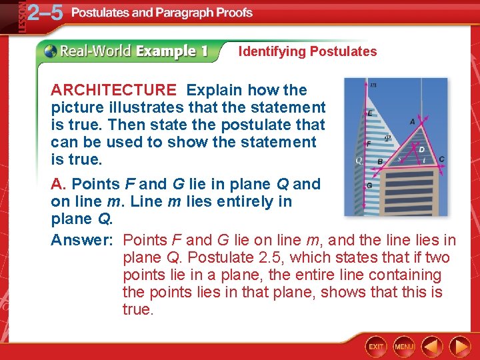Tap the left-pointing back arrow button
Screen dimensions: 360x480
tap(432, 345)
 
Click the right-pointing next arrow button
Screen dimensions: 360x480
tap(460, 345)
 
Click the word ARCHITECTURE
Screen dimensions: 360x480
tap(113, 90)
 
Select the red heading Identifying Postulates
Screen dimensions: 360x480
tap(307, 51)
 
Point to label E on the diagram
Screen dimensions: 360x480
tap(370, 114)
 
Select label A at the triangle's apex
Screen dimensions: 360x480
tap(413, 122)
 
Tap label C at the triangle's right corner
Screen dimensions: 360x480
tap(441, 159)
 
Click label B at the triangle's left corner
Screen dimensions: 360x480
tap(379, 161)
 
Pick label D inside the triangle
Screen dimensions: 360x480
tap(420, 149)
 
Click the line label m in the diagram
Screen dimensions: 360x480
tap(373, 85)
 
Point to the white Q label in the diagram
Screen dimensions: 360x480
tap(359, 161)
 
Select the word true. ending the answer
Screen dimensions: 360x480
tap(138, 309)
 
